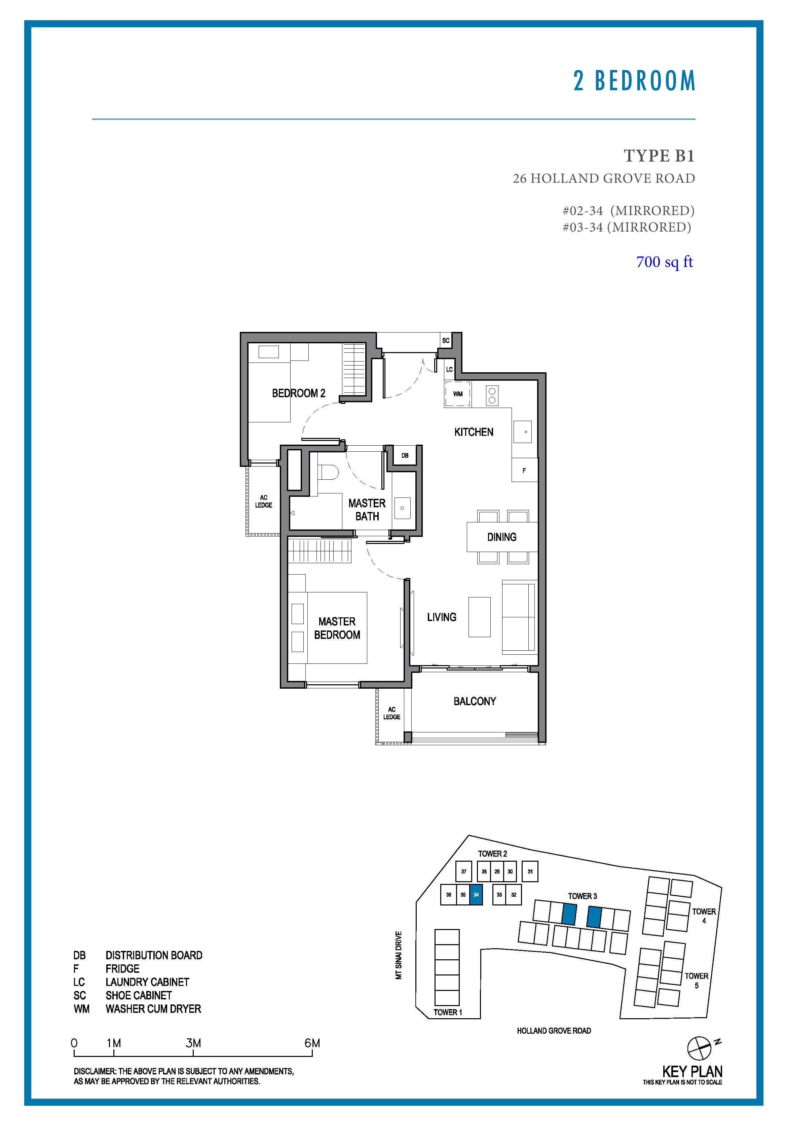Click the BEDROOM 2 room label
tap(298, 393)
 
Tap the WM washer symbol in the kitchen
tap(457, 394)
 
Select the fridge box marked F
tap(524, 470)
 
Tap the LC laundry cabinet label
tap(449, 369)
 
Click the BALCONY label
tap(475, 701)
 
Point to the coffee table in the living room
tap(479, 617)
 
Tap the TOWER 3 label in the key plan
tap(582, 896)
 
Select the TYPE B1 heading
tap(659, 156)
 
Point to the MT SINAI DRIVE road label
tap(399, 955)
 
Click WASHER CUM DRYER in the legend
tap(153, 1009)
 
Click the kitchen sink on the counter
tap(523, 432)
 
